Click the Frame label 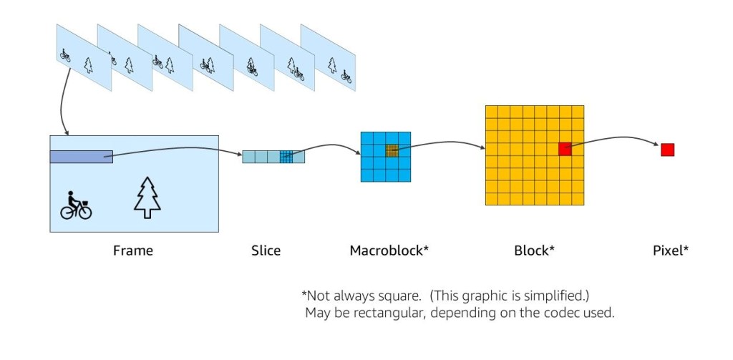[x=133, y=251]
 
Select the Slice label [x=266, y=251]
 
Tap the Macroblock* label [x=389, y=251]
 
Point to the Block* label [x=534, y=251]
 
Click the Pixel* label [x=671, y=251]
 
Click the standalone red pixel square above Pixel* [x=667, y=150]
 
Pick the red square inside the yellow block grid [x=565, y=149]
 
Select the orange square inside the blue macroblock [x=392, y=150]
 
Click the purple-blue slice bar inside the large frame [x=81, y=157]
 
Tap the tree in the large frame [x=147, y=198]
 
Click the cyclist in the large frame [x=75, y=205]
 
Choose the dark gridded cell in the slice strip [x=286, y=156]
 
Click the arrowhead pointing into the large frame [x=67, y=132]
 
